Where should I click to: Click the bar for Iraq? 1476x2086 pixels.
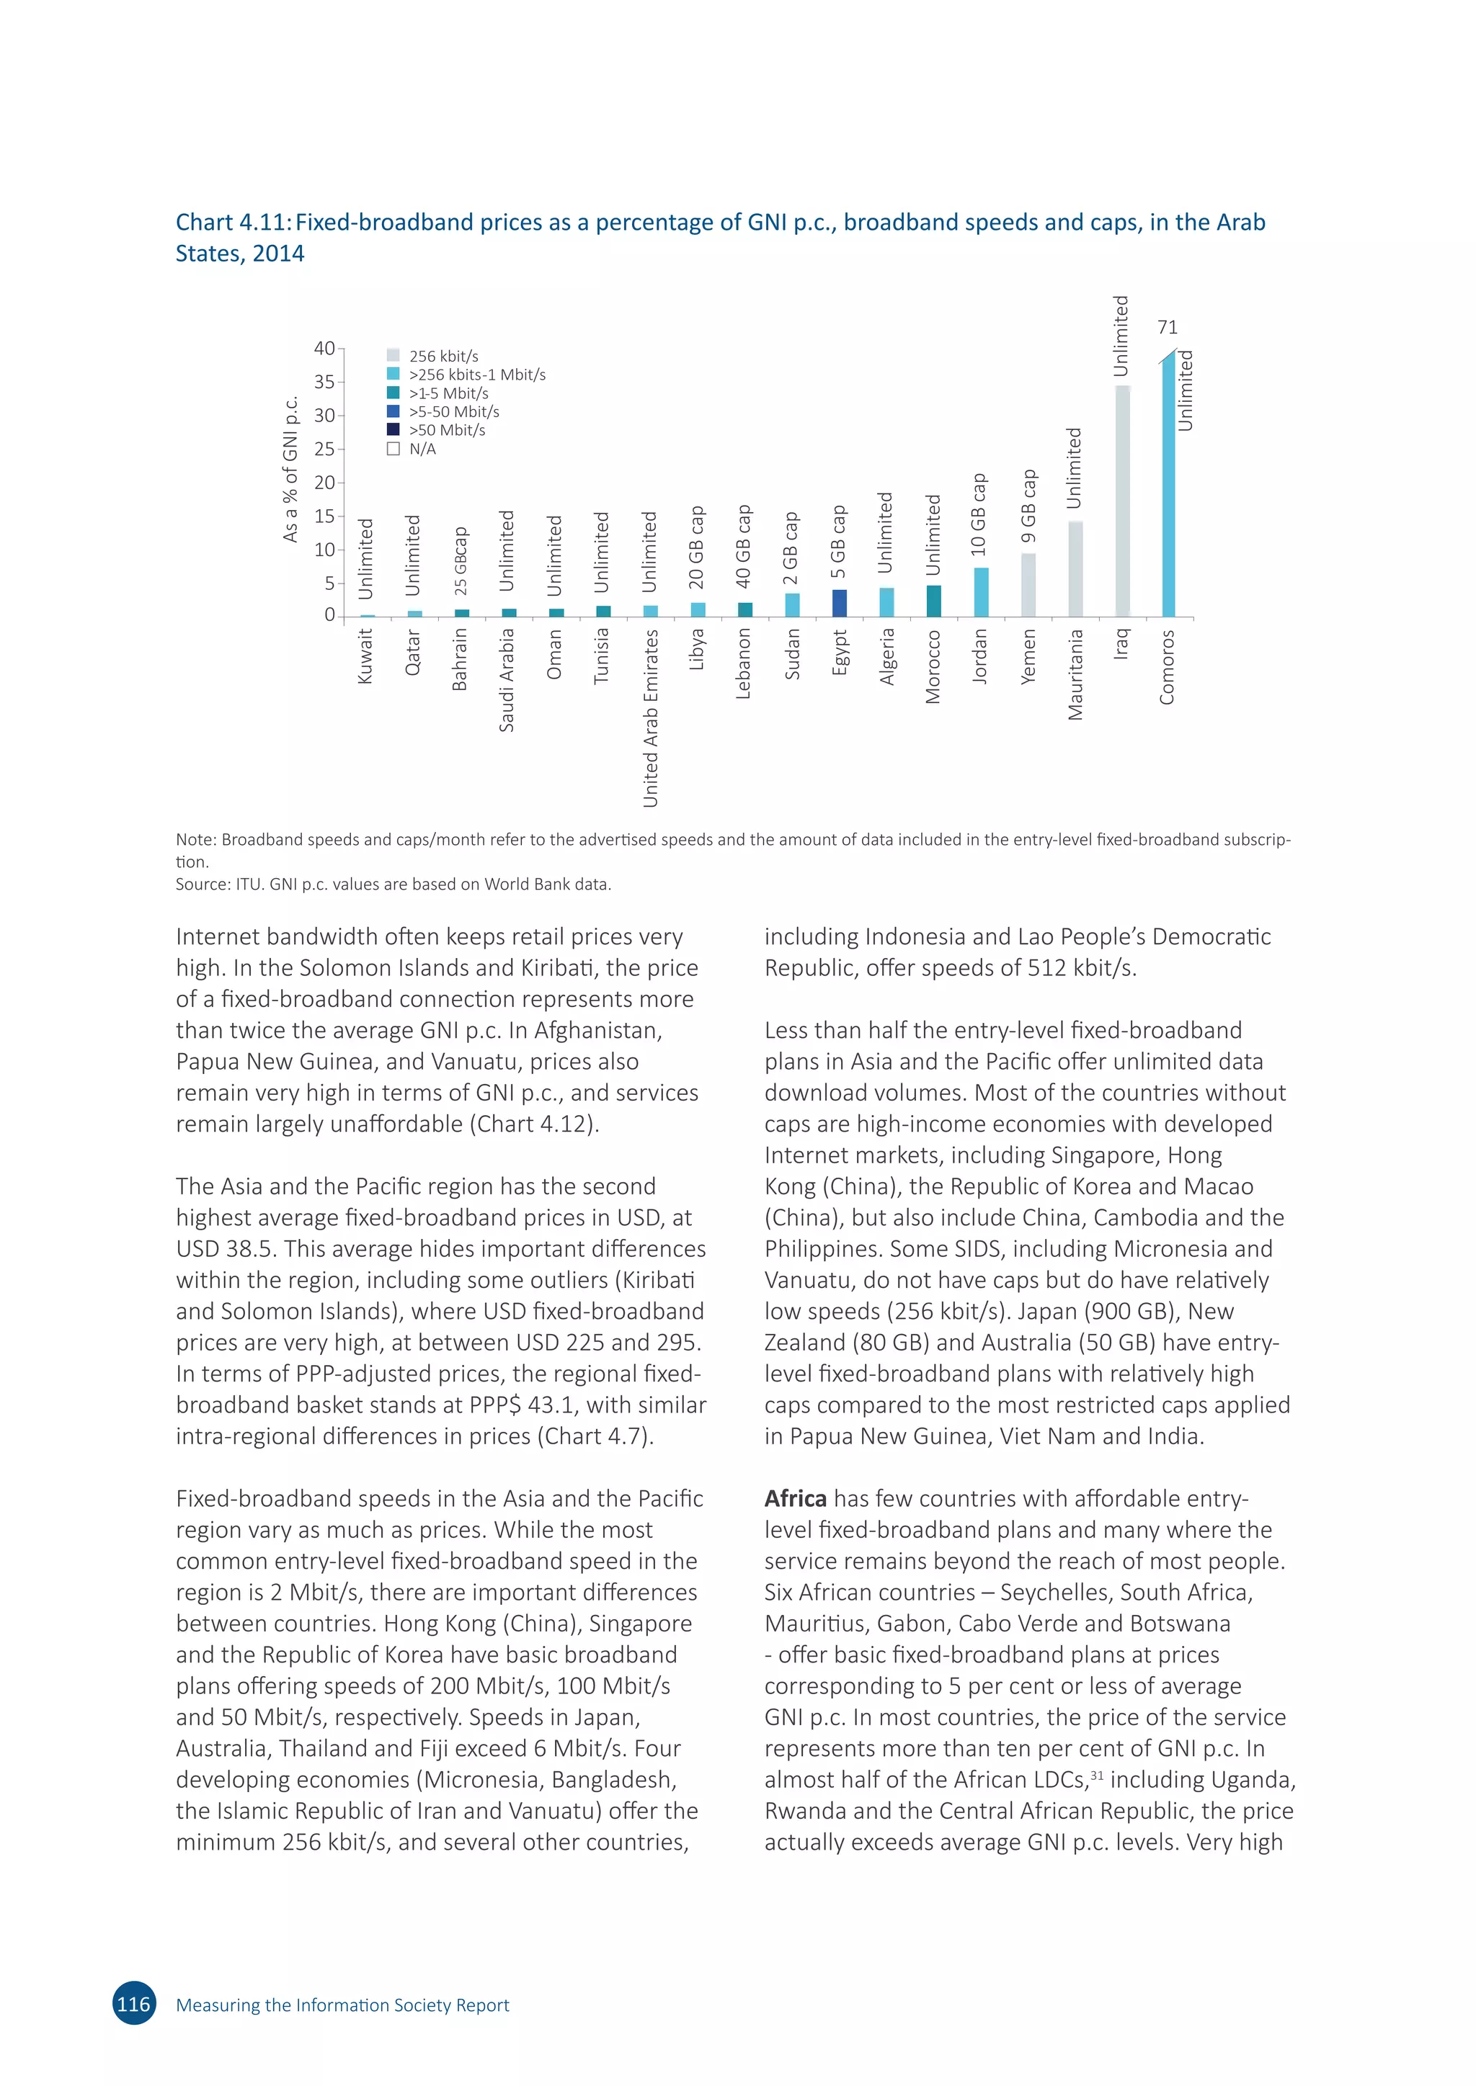[x=1122, y=501]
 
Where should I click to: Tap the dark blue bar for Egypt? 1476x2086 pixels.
[x=840, y=604]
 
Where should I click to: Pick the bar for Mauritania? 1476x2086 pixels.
[x=1075, y=569]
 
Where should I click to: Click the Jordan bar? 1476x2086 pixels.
[x=981, y=592]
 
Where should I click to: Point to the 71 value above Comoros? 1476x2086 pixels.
[x=1167, y=327]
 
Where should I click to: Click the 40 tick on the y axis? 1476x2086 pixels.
[x=324, y=349]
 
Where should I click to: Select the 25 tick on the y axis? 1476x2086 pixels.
[x=324, y=449]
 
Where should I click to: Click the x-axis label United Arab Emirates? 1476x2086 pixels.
[x=650, y=717]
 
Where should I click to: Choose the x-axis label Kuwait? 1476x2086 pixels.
[x=365, y=656]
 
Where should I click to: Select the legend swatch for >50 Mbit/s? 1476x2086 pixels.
[x=394, y=430]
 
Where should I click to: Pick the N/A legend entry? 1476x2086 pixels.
[x=422, y=449]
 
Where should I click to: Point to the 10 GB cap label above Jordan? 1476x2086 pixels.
[x=979, y=515]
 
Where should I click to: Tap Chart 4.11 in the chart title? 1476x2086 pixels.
[x=233, y=223]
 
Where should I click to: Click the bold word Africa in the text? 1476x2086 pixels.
[x=795, y=1499]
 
